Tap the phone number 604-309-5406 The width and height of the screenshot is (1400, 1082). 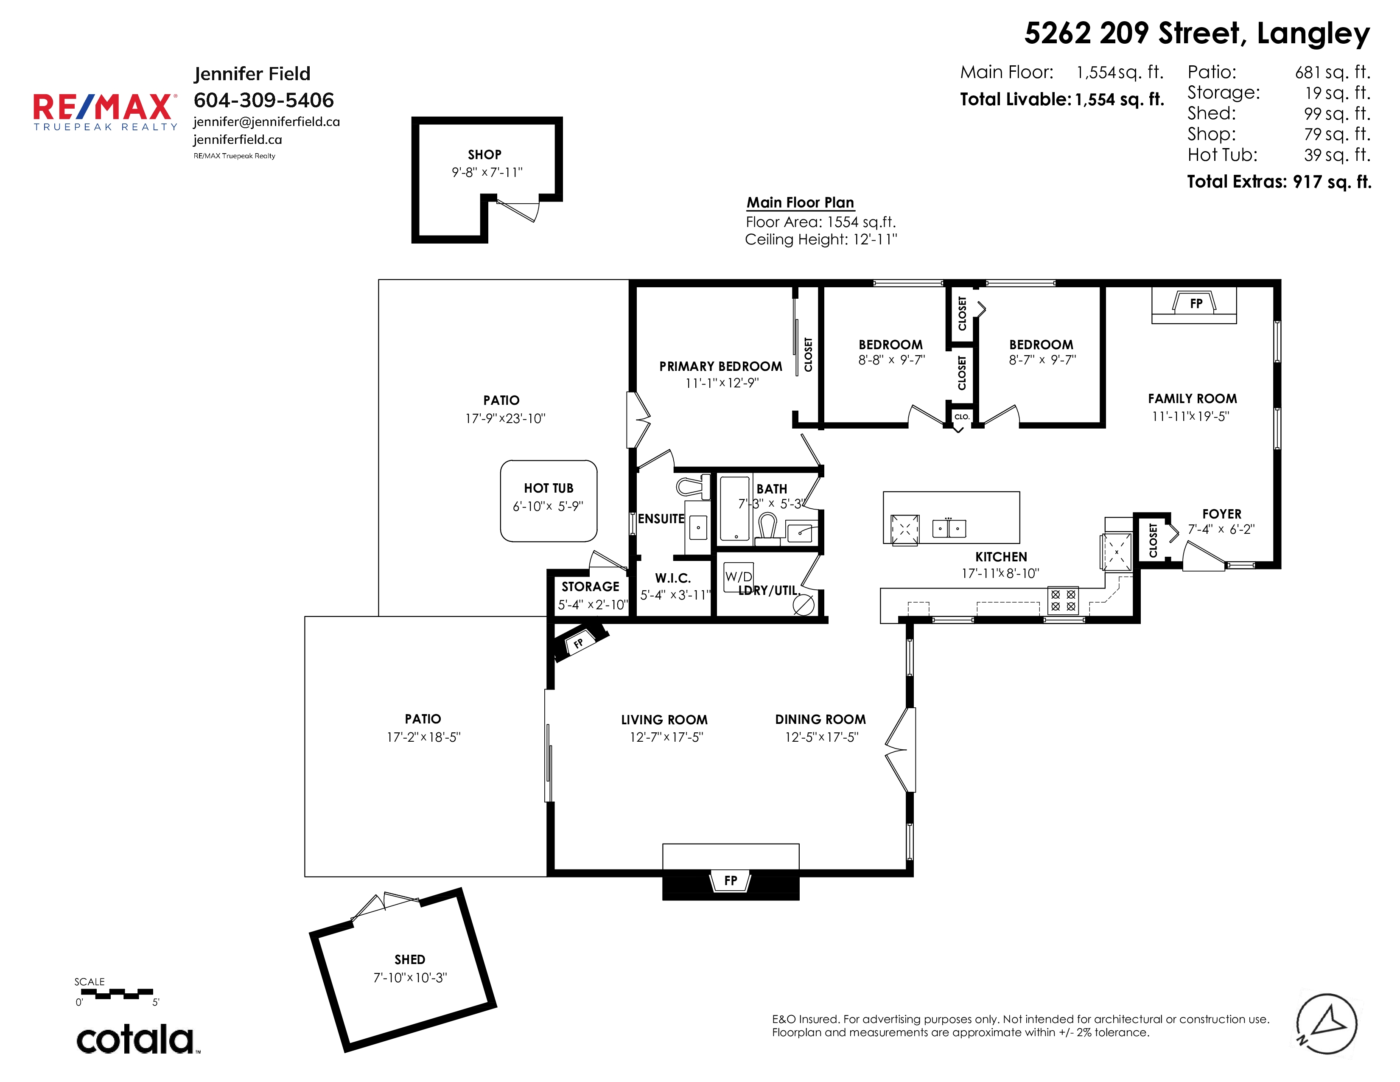(263, 100)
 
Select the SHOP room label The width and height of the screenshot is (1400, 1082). (484, 154)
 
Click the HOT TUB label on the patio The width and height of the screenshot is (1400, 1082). (549, 488)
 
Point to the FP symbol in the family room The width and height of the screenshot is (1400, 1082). (1196, 303)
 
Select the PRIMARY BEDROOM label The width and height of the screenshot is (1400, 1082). (720, 367)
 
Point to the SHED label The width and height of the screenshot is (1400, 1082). (410, 959)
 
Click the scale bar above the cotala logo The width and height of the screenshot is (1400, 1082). (117, 994)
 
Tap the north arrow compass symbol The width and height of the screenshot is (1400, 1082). (1326, 1024)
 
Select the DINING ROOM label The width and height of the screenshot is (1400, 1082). (820, 720)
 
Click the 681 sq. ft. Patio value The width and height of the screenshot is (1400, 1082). (1332, 73)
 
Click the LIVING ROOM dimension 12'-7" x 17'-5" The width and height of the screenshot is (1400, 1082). (666, 737)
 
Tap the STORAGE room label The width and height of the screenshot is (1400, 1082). (591, 586)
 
